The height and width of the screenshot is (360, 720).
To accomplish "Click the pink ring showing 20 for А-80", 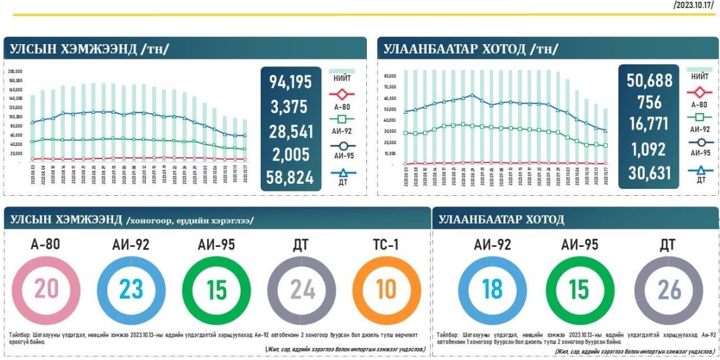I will point(46,289).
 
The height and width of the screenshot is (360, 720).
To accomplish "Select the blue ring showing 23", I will point(131,289).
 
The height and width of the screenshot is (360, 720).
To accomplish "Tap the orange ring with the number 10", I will point(385,289).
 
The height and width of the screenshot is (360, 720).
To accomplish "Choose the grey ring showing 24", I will point(301,289).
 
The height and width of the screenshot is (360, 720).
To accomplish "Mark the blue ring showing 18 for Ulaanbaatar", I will point(492,289).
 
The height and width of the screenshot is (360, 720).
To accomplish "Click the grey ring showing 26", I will point(668,289).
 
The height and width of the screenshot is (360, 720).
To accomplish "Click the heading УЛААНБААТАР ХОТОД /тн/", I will point(468,49).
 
